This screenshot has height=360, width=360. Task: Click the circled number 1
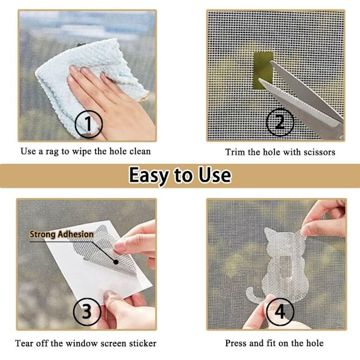pyautogui.click(x=89, y=124)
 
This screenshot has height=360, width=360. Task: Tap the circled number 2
pyautogui.click(x=280, y=122)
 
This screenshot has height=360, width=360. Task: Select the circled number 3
pyautogui.click(x=87, y=311)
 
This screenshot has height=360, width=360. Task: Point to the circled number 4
pyautogui.click(x=280, y=312)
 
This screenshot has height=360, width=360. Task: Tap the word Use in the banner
pyautogui.click(x=214, y=175)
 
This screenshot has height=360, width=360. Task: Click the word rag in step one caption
pyautogui.click(x=52, y=152)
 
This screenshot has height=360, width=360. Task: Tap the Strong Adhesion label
pyautogui.click(x=62, y=235)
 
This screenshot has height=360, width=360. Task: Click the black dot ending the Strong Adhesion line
pyautogui.click(x=116, y=262)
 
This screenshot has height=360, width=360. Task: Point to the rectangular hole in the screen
pyautogui.click(x=263, y=70)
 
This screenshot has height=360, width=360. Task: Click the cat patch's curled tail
pyautogui.click(x=254, y=295)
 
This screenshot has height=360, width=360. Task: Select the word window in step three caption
pyautogui.click(x=82, y=343)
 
